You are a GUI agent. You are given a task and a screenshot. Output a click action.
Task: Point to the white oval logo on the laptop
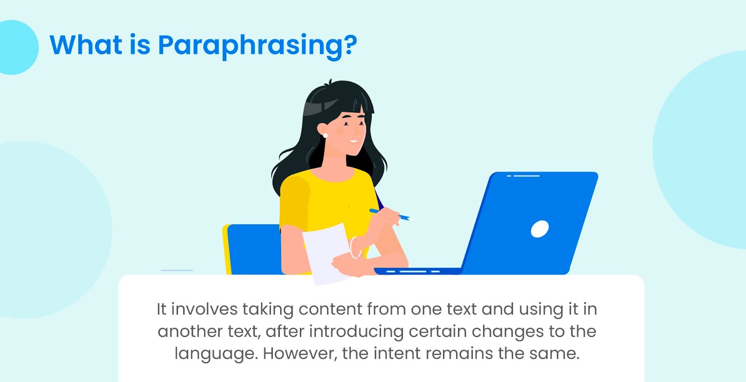point(539,229)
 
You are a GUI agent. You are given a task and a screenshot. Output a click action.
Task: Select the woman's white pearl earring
point(325,136)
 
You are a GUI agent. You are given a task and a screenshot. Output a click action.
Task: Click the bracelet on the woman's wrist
point(354,247)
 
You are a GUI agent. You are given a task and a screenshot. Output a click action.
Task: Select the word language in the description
point(216,354)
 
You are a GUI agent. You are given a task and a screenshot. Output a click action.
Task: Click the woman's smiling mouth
point(353,142)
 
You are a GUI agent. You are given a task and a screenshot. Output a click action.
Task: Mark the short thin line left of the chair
point(177,270)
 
